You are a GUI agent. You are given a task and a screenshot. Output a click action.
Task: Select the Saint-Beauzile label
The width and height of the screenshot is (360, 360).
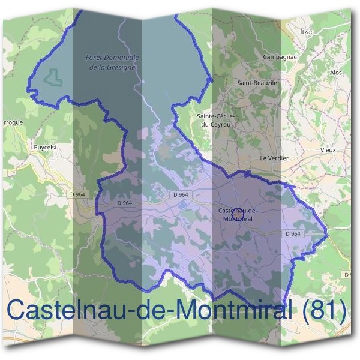tap(257, 83)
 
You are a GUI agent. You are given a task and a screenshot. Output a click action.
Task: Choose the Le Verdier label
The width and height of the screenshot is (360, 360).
tap(274, 158)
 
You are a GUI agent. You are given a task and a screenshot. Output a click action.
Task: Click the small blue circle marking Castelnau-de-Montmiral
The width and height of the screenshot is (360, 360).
tap(236, 213)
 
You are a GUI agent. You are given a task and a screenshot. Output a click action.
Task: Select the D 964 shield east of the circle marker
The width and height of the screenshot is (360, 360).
tap(293, 233)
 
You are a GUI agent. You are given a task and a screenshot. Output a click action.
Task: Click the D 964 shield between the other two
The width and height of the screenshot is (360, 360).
tap(181, 194)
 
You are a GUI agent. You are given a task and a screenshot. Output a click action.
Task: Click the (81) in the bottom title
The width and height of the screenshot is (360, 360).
tap(325, 310)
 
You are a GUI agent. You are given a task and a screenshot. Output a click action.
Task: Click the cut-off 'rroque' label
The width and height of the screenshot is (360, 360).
tap(12, 122)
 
